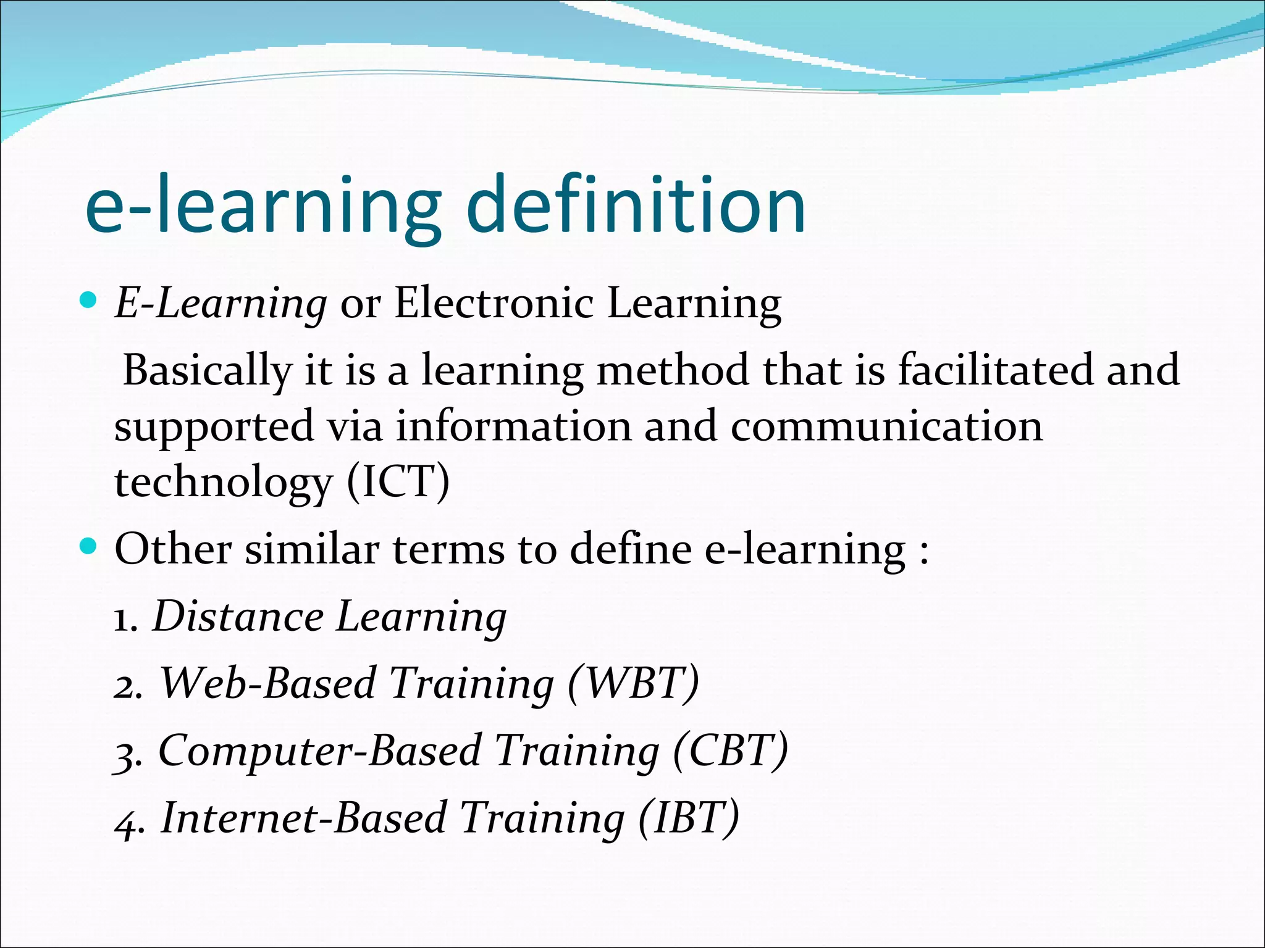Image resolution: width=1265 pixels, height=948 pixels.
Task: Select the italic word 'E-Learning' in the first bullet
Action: click(x=221, y=304)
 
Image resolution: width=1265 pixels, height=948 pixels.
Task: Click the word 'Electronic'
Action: click(x=494, y=304)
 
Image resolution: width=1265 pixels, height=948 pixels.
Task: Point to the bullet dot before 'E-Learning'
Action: click(x=89, y=301)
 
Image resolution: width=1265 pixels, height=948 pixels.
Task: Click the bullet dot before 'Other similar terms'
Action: click(x=89, y=546)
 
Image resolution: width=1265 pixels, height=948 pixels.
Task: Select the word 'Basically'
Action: click(x=207, y=371)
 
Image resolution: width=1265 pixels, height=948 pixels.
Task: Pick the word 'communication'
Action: click(x=887, y=426)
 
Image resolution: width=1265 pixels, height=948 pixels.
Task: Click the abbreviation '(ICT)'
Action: click(x=398, y=482)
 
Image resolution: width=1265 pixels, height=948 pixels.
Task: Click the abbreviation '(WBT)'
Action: click(x=633, y=684)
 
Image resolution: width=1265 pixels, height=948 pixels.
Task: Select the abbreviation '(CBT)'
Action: click(x=730, y=751)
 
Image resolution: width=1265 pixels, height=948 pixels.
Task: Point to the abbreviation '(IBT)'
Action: click(x=689, y=818)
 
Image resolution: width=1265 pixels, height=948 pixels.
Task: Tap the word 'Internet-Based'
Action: click(x=303, y=818)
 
